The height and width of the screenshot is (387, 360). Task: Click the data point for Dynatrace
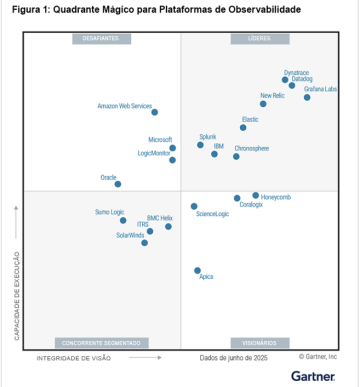(285, 80)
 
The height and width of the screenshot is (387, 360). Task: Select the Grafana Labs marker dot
(307, 97)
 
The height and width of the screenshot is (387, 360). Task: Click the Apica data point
(197, 270)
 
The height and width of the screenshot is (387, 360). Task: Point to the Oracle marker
(118, 184)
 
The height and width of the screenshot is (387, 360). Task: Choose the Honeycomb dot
(256, 196)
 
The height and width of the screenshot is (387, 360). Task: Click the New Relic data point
(264, 104)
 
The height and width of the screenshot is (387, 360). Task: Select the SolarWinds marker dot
(145, 242)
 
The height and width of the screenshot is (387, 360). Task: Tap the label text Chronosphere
(251, 148)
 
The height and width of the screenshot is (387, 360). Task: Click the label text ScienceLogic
(212, 214)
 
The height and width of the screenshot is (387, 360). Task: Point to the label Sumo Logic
(110, 212)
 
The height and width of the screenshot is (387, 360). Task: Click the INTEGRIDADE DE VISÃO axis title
(69, 357)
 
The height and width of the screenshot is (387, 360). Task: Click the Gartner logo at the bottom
(313, 375)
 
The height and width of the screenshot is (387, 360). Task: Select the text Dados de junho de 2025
(233, 357)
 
